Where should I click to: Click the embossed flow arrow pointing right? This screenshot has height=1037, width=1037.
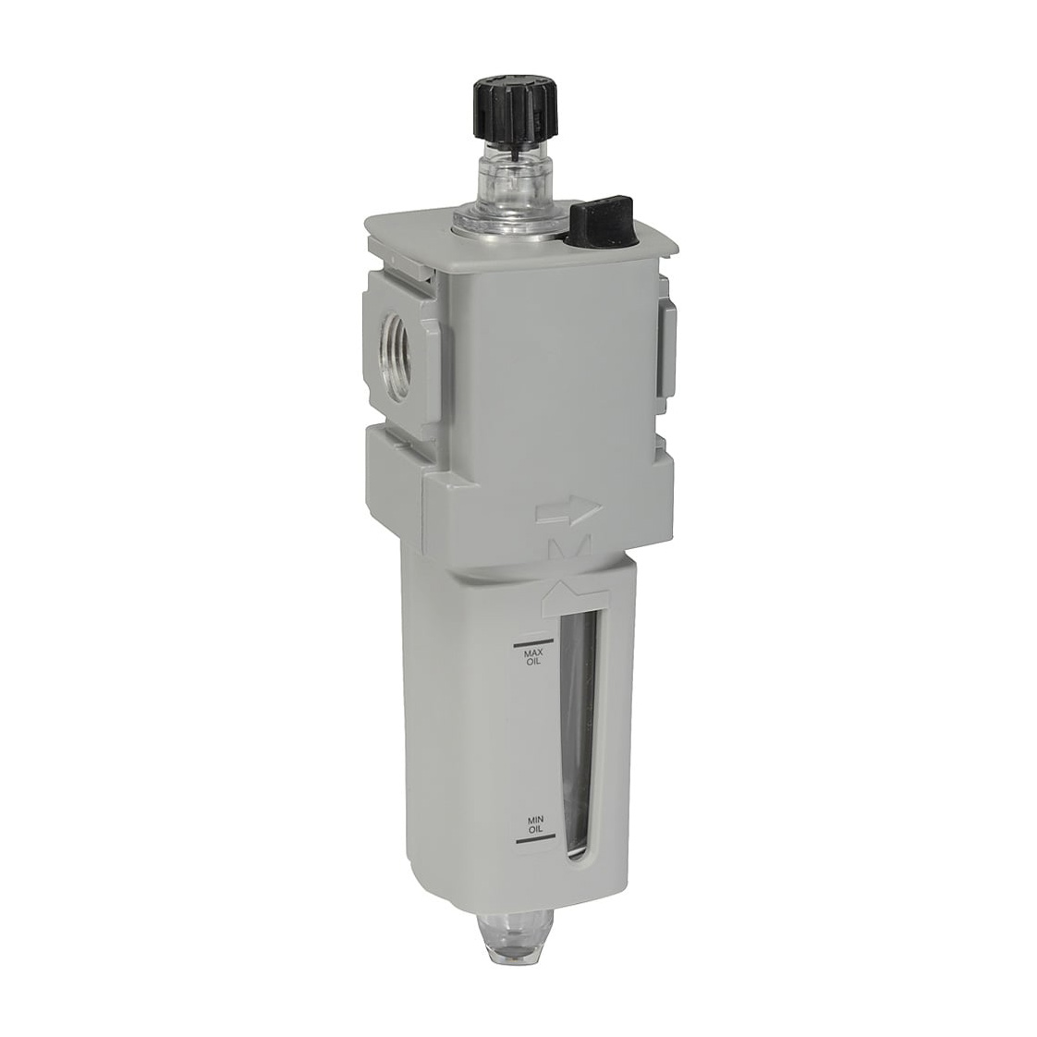[x=568, y=511]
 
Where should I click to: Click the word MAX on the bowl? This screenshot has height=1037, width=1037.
[x=533, y=654]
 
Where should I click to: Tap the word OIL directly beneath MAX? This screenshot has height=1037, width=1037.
[x=533, y=664]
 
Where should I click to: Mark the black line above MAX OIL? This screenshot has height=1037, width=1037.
[x=532, y=643]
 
